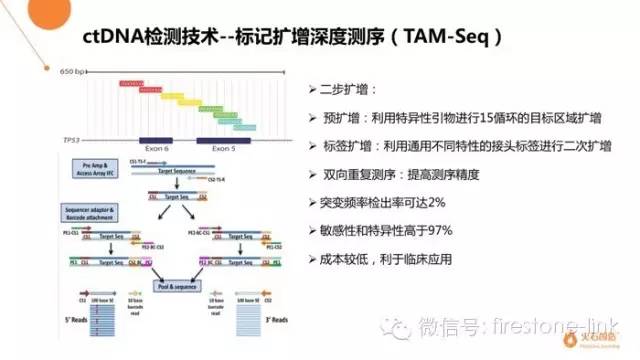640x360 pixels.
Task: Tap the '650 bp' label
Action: pyautogui.click(x=72, y=72)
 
